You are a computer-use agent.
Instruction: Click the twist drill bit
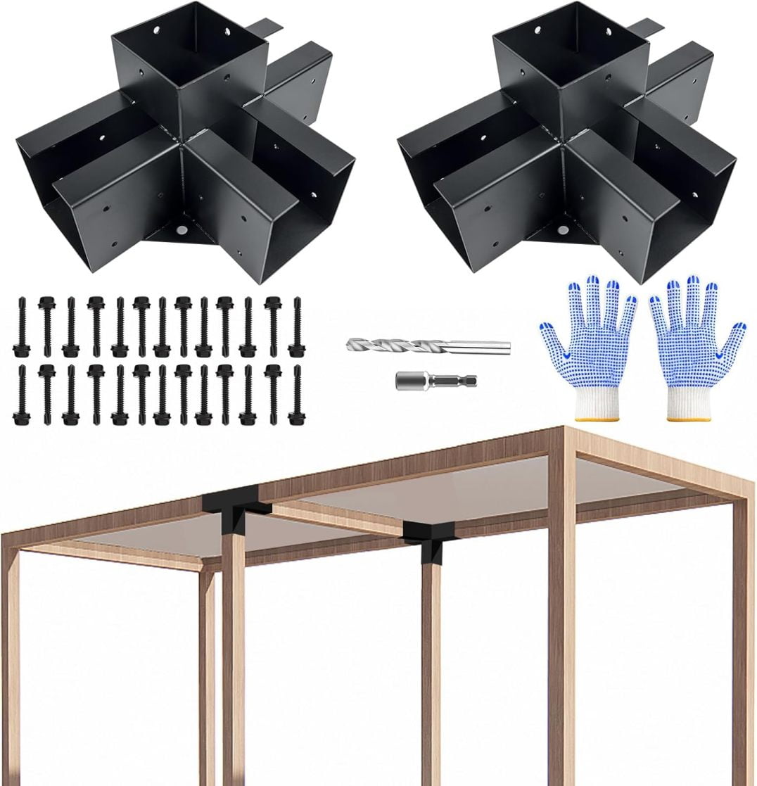(427, 346)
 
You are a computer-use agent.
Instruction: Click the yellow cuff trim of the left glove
(597, 419)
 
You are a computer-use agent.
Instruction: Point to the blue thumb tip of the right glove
(739, 328)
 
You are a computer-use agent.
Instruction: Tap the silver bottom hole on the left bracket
(182, 230)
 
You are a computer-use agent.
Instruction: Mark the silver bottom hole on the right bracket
(563, 230)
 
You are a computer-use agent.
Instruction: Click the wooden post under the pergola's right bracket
(431, 668)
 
